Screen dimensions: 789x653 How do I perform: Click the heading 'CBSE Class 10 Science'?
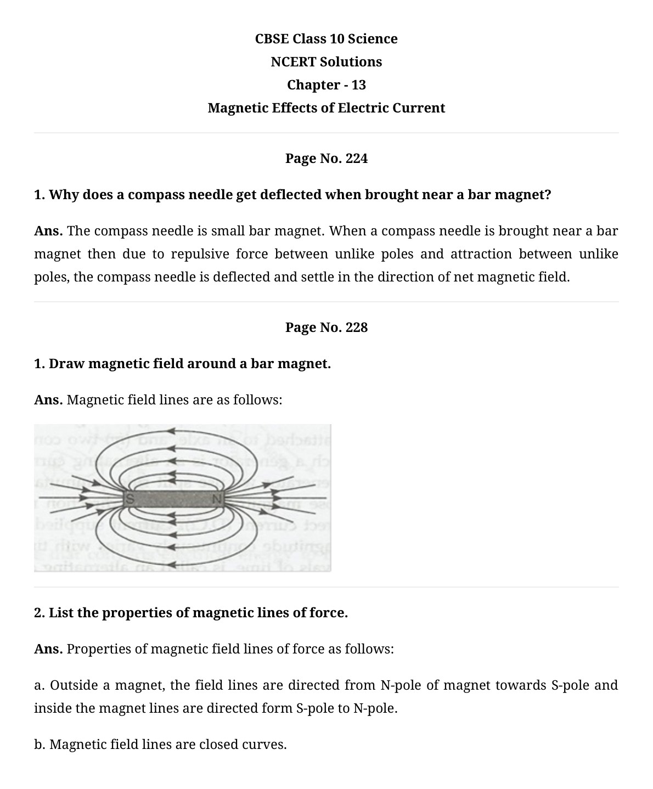[326, 39]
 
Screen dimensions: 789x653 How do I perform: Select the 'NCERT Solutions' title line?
[326, 62]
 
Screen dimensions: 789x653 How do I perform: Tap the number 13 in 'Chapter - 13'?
[358, 85]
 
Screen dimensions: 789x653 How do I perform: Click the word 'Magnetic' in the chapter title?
[238, 108]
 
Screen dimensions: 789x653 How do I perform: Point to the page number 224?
[357, 159]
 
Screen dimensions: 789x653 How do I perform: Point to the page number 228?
[357, 328]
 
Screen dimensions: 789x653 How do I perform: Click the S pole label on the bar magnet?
[130, 499]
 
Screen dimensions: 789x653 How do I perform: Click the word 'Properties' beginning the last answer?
[98, 649]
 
